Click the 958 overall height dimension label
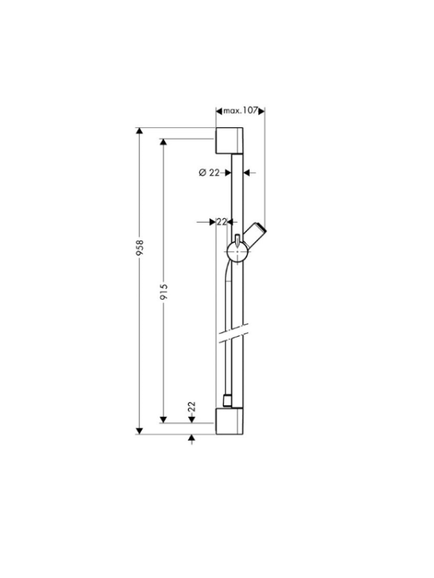[x=140, y=248]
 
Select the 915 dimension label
[x=164, y=291]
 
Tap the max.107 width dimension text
[x=240, y=110]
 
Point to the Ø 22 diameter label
[x=209, y=172]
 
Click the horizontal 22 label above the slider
[x=221, y=222]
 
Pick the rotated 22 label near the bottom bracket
[x=191, y=407]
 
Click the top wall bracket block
[x=229, y=140]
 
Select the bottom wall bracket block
[x=229, y=421]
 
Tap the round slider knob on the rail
[x=237, y=252]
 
